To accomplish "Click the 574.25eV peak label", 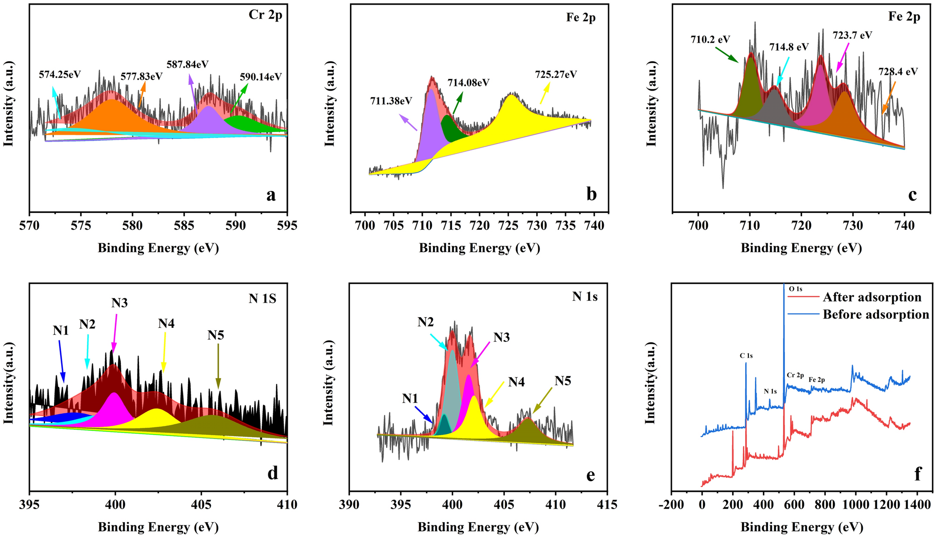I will (60, 74).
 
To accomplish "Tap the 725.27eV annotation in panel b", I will (556, 74).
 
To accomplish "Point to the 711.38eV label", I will (391, 100).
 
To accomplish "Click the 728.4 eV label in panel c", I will (898, 72).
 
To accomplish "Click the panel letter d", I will (272, 473).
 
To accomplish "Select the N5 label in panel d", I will (216, 335).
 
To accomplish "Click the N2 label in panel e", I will (425, 322).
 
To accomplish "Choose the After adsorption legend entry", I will (872, 297).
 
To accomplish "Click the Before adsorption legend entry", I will (875, 314).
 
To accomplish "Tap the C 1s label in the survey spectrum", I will (746, 355).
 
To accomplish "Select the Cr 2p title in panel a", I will (265, 15).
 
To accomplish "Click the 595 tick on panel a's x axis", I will (286, 226).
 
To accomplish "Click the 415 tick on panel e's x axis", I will (607, 504).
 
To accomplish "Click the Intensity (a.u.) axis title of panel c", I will (651, 104).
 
